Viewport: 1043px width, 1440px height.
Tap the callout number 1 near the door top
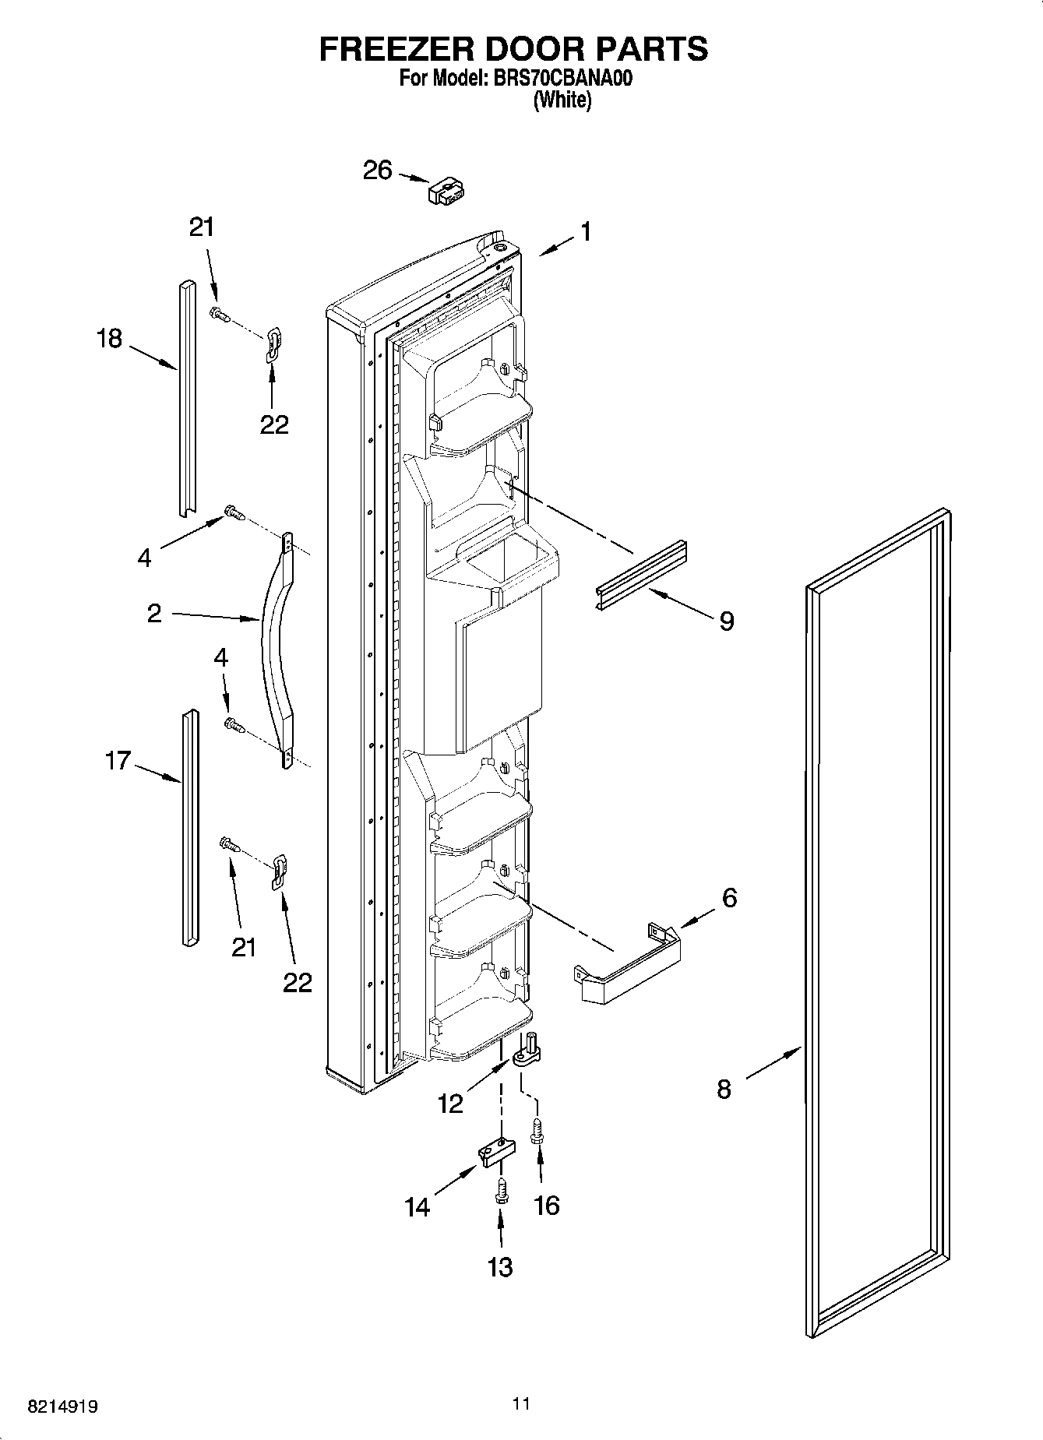point(584,232)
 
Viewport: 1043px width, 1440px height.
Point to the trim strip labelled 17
point(189,827)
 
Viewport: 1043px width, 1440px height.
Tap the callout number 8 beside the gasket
point(724,1089)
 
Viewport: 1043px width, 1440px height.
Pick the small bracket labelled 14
point(495,1151)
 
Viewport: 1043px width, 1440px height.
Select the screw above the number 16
point(537,1132)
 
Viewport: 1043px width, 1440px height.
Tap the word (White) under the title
point(562,100)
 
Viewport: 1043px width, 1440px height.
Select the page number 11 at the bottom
point(521,1403)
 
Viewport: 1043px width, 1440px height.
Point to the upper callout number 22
point(274,424)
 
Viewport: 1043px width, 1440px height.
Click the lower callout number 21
point(244,947)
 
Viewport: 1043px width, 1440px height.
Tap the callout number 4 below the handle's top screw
point(144,558)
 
